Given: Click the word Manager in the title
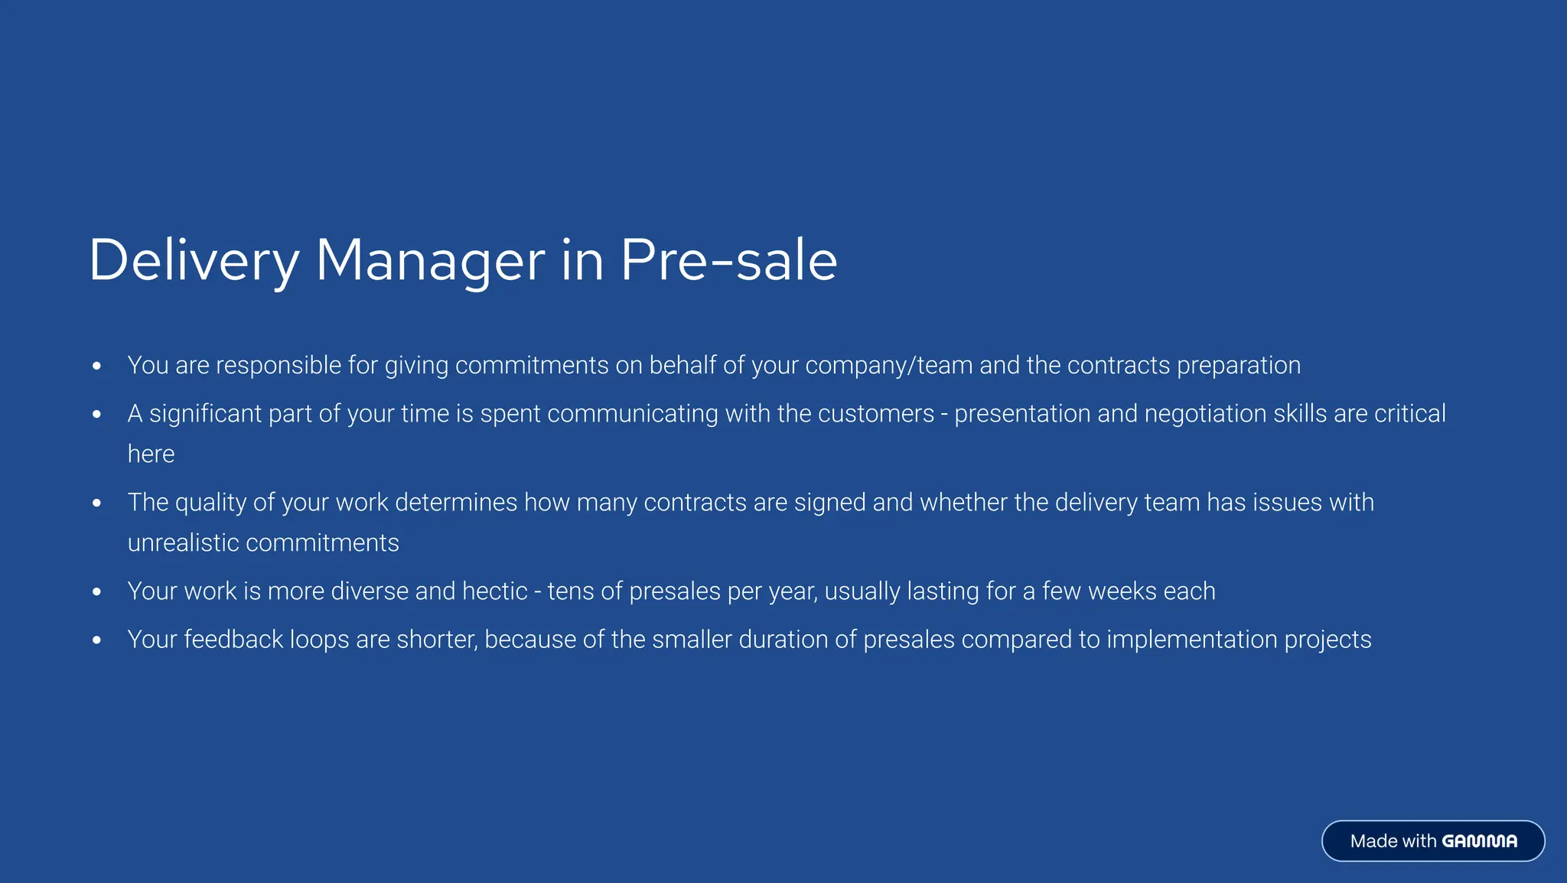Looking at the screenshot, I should click(x=430, y=261).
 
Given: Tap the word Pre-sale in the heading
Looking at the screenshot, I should click(x=728, y=261).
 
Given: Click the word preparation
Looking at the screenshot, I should click(x=1238, y=366).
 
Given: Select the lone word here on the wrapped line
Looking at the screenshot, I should click(x=151, y=455).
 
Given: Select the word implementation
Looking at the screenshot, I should click(x=1192, y=640).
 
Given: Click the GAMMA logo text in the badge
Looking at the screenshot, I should click(x=1479, y=842).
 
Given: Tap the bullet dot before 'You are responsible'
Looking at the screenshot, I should click(x=96, y=367).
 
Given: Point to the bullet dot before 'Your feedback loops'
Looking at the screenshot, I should click(x=96, y=640).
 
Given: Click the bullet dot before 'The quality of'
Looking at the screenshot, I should click(x=96, y=503).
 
